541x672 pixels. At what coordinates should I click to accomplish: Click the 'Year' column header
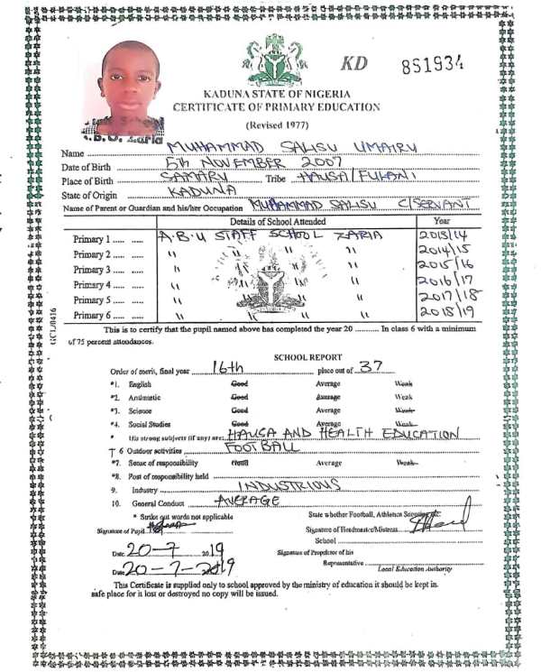442,221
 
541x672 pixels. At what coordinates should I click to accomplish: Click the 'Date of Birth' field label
87,167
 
